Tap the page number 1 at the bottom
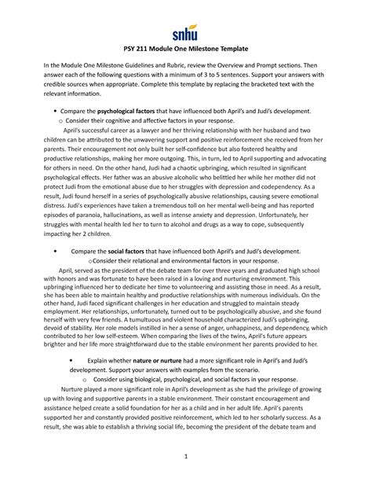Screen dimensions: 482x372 click(185, 458)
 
